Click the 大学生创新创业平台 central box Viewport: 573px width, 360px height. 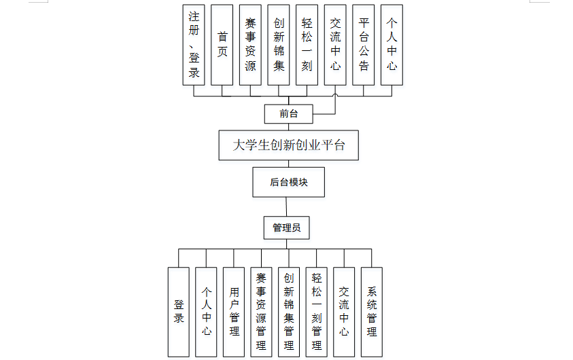tap(289, 145)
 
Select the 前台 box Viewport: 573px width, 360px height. tap(289, 113)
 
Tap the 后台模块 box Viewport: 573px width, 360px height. tap(286, 182)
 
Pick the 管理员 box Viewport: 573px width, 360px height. tap(286, 228)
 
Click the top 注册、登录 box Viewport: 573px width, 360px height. tap(194, 45)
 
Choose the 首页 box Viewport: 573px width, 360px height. tap(222, 45)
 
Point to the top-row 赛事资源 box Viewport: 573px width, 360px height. tap(250, 45)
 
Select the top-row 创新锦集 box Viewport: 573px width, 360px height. tap(279, 45)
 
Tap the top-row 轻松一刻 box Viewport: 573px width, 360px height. tap(307, 45)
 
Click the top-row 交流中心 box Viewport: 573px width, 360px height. tap(334, 45)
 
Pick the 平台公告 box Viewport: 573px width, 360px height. tap(363, 45)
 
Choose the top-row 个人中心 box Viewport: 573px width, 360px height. tap(392, 45)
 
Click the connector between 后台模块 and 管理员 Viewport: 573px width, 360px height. tap(286, 206)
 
